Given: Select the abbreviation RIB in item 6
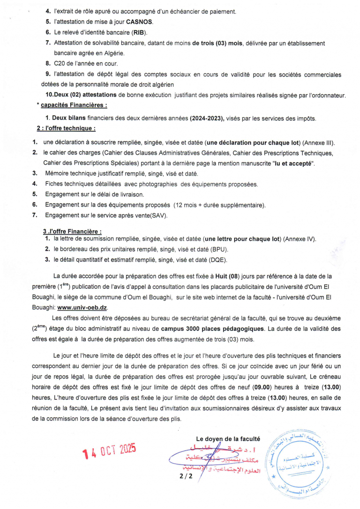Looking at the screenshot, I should [139, 32].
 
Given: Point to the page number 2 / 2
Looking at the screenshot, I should [186, 475].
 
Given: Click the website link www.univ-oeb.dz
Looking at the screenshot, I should [82, 307].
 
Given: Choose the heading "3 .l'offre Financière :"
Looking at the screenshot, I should [72, 232].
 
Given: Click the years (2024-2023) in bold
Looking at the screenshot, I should [207, 119].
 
